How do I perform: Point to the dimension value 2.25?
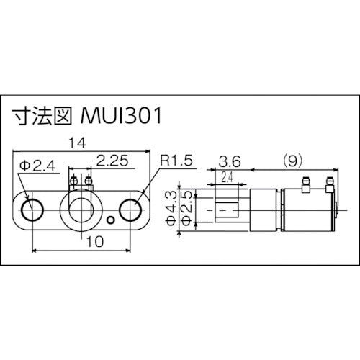pos(112,163)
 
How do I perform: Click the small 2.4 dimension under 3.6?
pos(227,176)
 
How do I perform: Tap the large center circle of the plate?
pos(80,209)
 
